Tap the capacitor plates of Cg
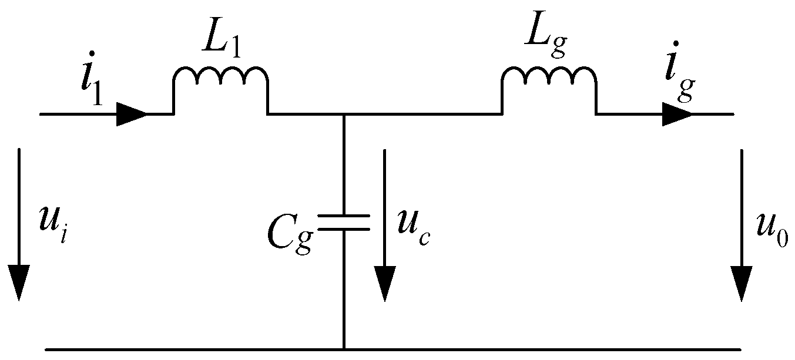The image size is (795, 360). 344,222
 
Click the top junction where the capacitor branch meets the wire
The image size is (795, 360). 344,114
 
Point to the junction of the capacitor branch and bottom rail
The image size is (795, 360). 344,349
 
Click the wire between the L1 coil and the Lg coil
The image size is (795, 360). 411,114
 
